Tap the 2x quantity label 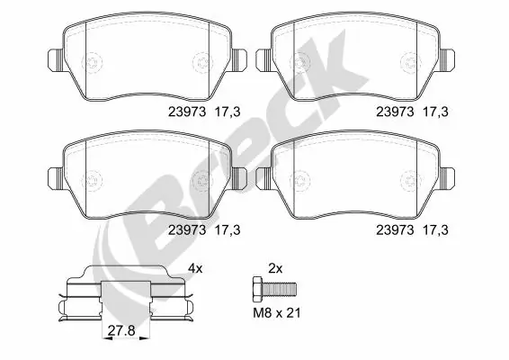coord(275,268)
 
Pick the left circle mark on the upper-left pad coord(94,63)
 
